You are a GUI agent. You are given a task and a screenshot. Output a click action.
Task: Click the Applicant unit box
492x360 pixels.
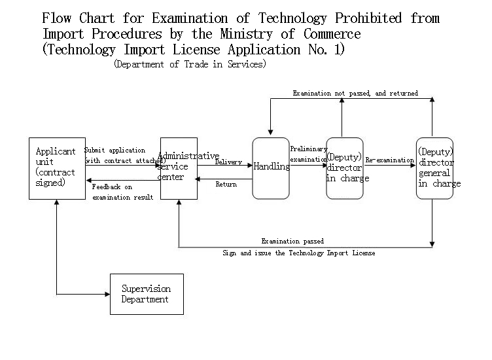[57, 168]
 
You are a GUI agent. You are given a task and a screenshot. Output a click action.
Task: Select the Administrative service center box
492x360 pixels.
[179, 168]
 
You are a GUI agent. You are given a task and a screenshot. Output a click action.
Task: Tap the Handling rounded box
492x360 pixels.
[271, 168]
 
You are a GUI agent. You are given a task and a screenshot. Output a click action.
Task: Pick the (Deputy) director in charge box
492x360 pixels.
[345, 168]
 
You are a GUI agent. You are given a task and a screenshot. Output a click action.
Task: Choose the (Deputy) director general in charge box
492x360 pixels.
[434, 168]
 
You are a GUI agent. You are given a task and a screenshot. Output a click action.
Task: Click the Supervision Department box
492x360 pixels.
[147, 294]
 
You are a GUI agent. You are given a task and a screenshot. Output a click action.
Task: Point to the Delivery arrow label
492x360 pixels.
[228, 162]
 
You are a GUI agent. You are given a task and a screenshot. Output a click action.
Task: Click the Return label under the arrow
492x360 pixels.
[226, 184]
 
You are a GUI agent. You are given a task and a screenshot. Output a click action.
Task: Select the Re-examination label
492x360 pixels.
[390, 160]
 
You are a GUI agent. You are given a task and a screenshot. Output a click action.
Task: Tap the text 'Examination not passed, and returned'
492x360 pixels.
[355, 93]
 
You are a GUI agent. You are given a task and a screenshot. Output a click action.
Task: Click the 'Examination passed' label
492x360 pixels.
[292, 241]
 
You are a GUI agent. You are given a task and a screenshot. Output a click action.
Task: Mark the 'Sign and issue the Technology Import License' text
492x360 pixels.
[299, 253]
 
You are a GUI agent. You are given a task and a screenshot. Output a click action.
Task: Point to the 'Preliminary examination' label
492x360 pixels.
[309, 154]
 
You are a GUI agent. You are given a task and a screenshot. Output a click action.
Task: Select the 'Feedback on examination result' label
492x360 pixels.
[122, 192]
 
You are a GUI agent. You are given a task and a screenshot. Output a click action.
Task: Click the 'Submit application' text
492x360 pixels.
[115, 150]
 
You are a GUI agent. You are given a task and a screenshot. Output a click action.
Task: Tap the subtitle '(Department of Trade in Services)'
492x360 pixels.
[190, 64]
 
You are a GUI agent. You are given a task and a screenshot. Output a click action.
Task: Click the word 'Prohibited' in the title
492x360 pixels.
[368, 18]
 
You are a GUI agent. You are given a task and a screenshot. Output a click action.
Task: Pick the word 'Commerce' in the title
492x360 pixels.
[332, 34]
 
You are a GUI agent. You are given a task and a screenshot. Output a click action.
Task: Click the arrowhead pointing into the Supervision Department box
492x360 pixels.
[107, 294]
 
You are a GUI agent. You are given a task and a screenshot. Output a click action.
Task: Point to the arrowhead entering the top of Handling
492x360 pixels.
[270, 132]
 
